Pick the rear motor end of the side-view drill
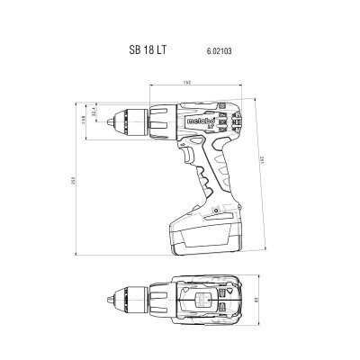point(236,126)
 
